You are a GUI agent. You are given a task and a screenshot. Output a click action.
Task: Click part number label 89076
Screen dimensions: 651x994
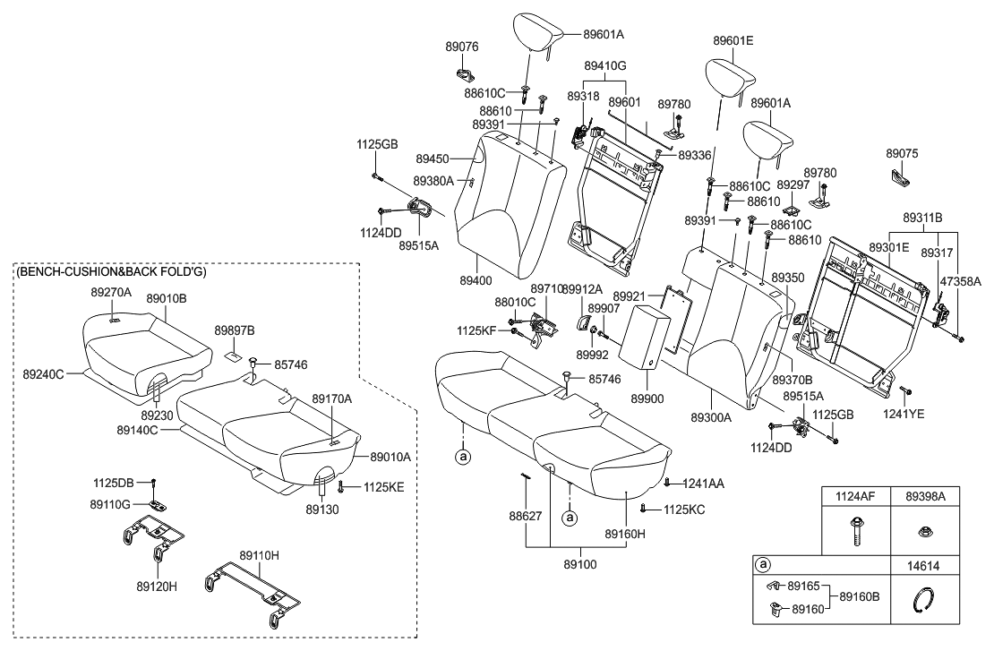pos(463,46)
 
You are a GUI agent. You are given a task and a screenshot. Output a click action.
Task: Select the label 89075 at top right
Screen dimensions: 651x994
pos(902,154)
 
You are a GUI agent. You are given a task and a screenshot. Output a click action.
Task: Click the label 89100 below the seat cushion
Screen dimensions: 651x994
pos(582,565)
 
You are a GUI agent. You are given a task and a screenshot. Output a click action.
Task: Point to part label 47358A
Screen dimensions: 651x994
pos(960,281)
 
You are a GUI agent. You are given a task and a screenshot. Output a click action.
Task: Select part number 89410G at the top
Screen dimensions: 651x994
pos(605,66)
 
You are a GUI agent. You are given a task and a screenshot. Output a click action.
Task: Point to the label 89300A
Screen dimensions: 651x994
pos(711,417)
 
